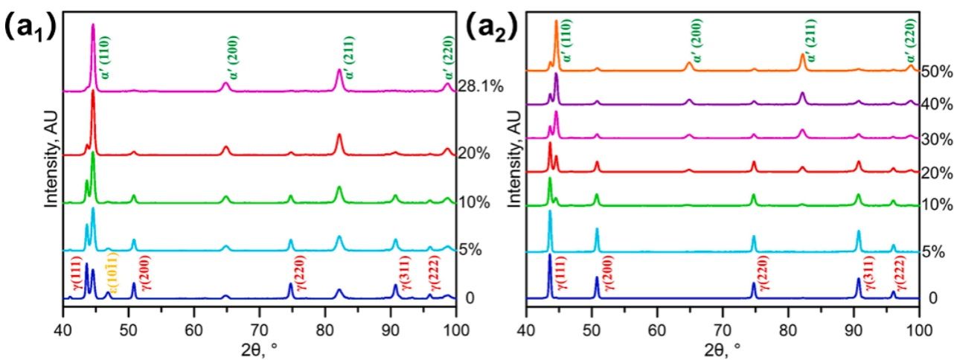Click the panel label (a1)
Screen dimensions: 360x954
click(x=28, y=33)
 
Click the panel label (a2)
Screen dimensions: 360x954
click(x=492, y=33)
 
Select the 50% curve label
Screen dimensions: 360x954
click(x=937, y=72)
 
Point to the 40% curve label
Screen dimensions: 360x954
click(x=937, y=106)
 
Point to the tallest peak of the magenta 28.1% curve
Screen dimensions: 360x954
click(x=93, y=25)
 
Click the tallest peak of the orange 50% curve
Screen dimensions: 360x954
click(x=556, y=22)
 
